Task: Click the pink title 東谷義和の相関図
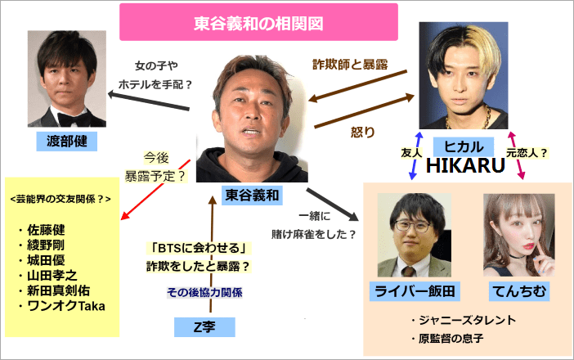[258, 22]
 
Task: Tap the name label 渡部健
[66, 142]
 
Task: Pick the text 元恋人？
[527, 151]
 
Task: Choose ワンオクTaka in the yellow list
[66, 307]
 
